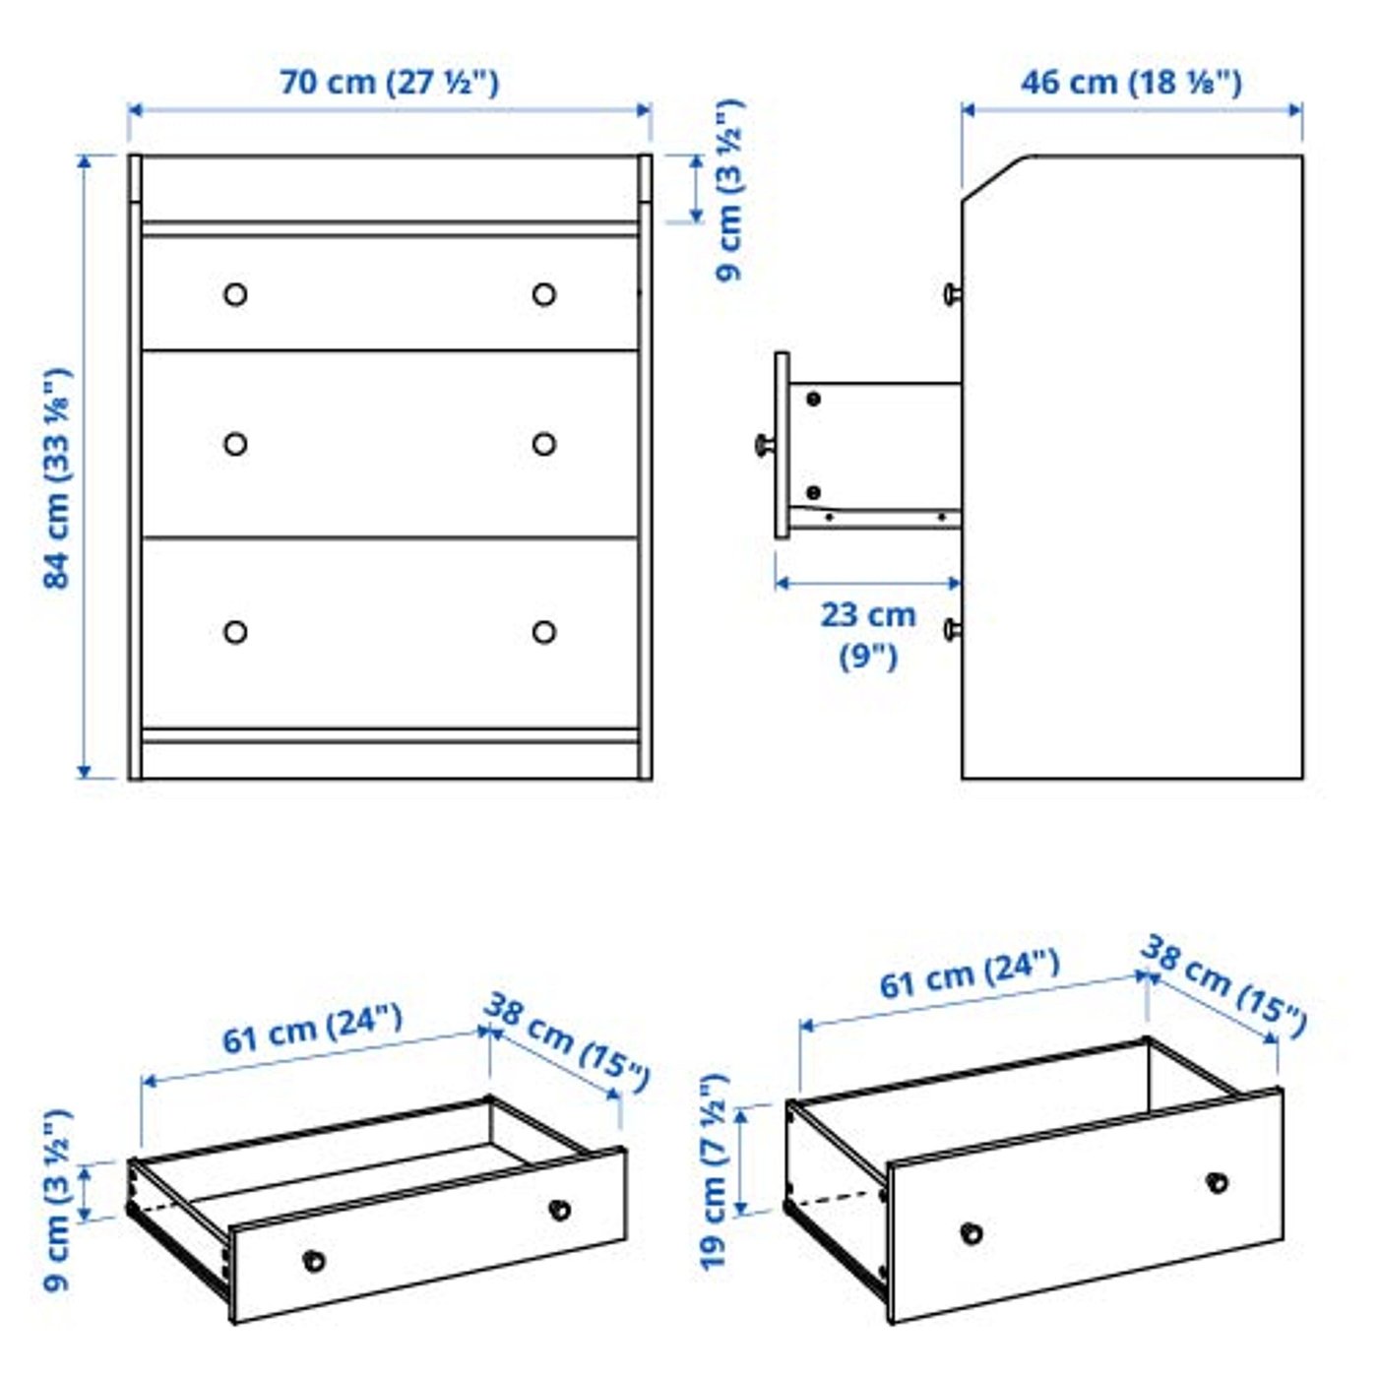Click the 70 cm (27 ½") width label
(389, 82)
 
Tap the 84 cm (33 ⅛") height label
(57, 478)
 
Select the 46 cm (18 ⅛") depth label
(1130, 82)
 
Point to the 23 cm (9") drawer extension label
(867, 635)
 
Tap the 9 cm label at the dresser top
(729, 190)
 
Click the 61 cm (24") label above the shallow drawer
(312, 1029)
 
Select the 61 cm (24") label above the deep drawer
(969, 972)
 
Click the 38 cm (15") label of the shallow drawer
(567, 1041)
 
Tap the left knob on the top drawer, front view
(235, 294)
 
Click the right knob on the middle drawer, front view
(544, 445)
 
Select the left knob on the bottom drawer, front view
(235, 632)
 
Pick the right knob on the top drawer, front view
(544, 294)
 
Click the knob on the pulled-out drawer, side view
(763, 445)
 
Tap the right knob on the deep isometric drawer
(1218, 1182)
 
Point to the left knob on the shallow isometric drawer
(314, 1260)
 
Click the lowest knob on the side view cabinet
(951, 629)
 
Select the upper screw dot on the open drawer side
(813, 399)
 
